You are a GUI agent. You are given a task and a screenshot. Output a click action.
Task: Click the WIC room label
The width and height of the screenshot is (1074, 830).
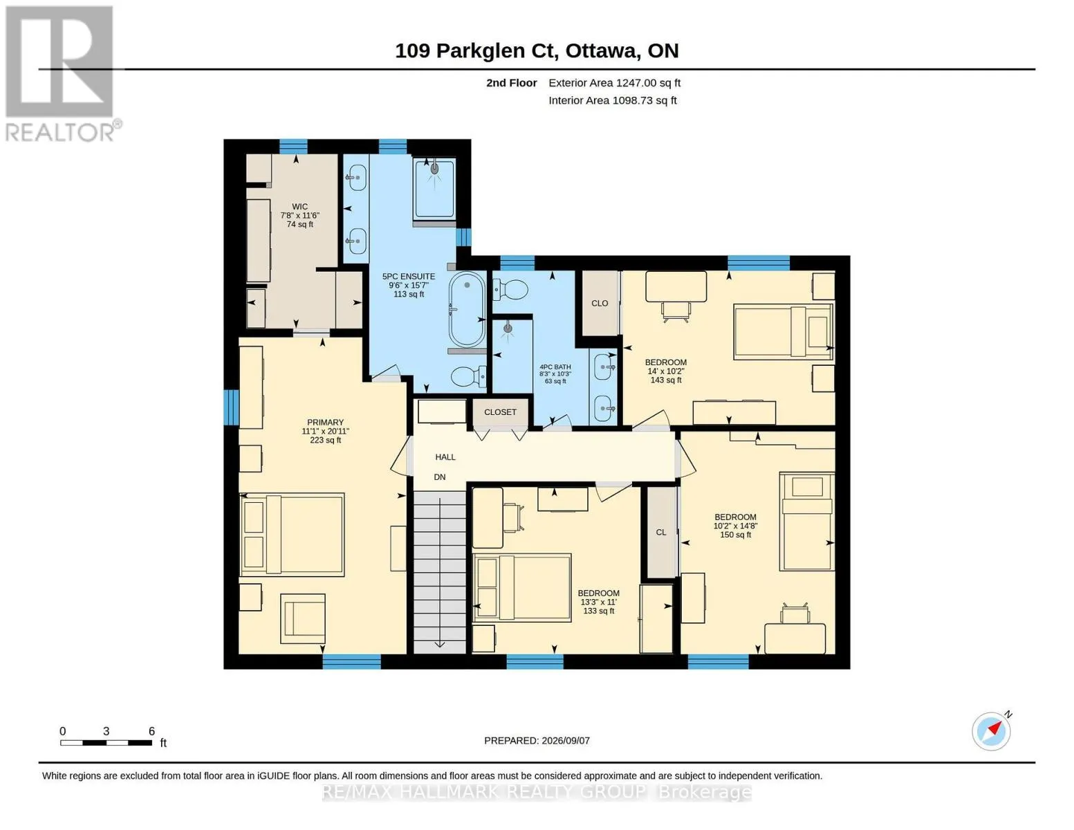pyautogui.click(x=299, y=207)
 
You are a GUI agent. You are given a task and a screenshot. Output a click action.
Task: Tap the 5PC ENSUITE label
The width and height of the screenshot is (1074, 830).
pyautogui.click(x=409, y=277)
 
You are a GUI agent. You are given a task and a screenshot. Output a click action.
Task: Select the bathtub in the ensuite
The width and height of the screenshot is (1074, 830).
pyautogui.click(x=467, y=309)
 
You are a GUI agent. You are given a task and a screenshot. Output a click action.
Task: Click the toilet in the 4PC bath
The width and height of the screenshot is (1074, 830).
pyautogui.click(x=510, y=289)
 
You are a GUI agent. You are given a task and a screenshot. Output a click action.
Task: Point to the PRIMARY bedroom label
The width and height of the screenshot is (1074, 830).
pyautogui.click(x=325, y=422)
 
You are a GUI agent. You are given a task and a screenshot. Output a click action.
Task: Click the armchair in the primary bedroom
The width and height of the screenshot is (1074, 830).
pyautogui.click(x=302, y=618)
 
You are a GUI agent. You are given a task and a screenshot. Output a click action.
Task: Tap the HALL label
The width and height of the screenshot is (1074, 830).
pyautogui.click(x=445, y=457)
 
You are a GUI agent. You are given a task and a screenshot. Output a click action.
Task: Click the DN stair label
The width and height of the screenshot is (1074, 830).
pyautogui.click(x=439, y=477)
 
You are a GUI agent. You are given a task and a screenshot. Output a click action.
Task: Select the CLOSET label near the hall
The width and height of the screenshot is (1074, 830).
pyautogui.click(x=500, y=412)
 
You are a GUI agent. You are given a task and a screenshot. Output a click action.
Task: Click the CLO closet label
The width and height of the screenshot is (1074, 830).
pyautogui.click(x=600, y=304)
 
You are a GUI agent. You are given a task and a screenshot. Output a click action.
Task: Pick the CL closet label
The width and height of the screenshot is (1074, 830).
pyautogui.click(x=661, y=533)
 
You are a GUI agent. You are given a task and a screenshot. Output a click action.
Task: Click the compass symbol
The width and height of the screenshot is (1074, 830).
pyautogui.click(x=990, y=731)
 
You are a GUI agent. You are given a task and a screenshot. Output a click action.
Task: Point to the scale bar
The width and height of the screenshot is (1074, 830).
pyautogui.click(x=106, y=742)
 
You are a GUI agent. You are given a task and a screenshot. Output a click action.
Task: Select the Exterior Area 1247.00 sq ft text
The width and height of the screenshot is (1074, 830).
pyautogui.click(x=614, y=83)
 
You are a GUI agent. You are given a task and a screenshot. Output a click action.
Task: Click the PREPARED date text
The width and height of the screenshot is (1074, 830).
pyautogui.click(x=537, y=741)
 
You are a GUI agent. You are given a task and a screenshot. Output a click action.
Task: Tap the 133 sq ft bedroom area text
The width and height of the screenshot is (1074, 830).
pyautogui.click(x=598, y=611)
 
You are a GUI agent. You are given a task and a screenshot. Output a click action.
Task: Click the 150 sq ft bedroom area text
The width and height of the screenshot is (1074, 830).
pyautogui.click(x=735, y=535)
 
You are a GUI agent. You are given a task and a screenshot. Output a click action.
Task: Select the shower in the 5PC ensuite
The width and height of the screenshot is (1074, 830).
pyautogui.click(x=434, y=188)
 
